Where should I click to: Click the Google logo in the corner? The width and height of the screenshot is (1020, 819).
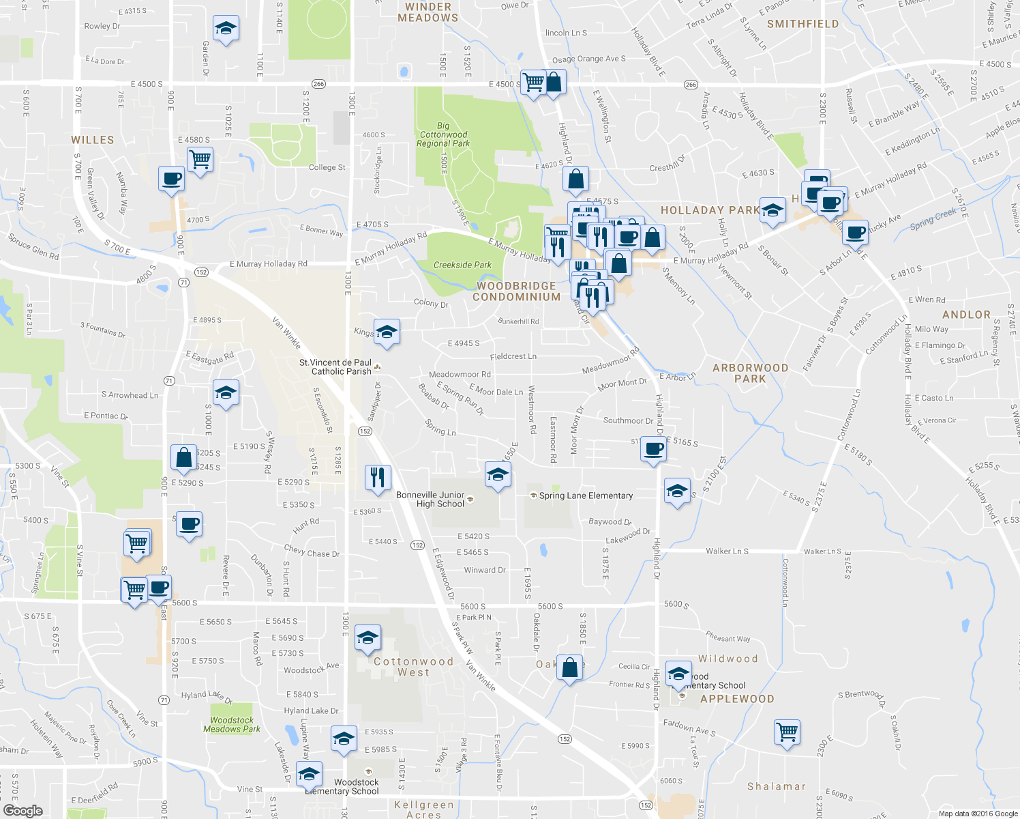22,810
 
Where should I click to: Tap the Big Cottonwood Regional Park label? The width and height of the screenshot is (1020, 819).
443,135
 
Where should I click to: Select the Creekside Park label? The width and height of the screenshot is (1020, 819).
462,265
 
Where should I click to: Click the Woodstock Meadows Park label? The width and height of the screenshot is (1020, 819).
232,725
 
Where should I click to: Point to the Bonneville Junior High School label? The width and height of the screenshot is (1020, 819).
440,500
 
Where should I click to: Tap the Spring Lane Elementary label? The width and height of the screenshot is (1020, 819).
586,496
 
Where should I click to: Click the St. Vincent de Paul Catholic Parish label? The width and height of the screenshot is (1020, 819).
336,367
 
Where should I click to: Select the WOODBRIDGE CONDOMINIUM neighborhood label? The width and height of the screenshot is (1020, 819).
516,291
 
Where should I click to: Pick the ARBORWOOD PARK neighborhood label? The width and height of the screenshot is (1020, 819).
750,373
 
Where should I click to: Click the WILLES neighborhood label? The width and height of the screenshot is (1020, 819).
93,140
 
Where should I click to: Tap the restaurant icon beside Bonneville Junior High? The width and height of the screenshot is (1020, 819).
378,477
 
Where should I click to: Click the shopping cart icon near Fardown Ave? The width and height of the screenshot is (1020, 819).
787,732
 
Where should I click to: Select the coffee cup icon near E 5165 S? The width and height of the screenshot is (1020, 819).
654,450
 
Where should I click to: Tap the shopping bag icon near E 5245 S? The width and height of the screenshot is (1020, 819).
184,457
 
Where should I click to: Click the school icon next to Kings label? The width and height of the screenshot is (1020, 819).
387,332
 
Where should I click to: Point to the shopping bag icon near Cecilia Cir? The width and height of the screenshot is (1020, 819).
570,667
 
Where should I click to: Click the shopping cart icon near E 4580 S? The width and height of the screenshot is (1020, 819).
200,160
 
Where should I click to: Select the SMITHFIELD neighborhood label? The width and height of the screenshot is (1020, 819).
802,24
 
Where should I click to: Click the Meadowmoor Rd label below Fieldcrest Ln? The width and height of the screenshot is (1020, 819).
460,375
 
